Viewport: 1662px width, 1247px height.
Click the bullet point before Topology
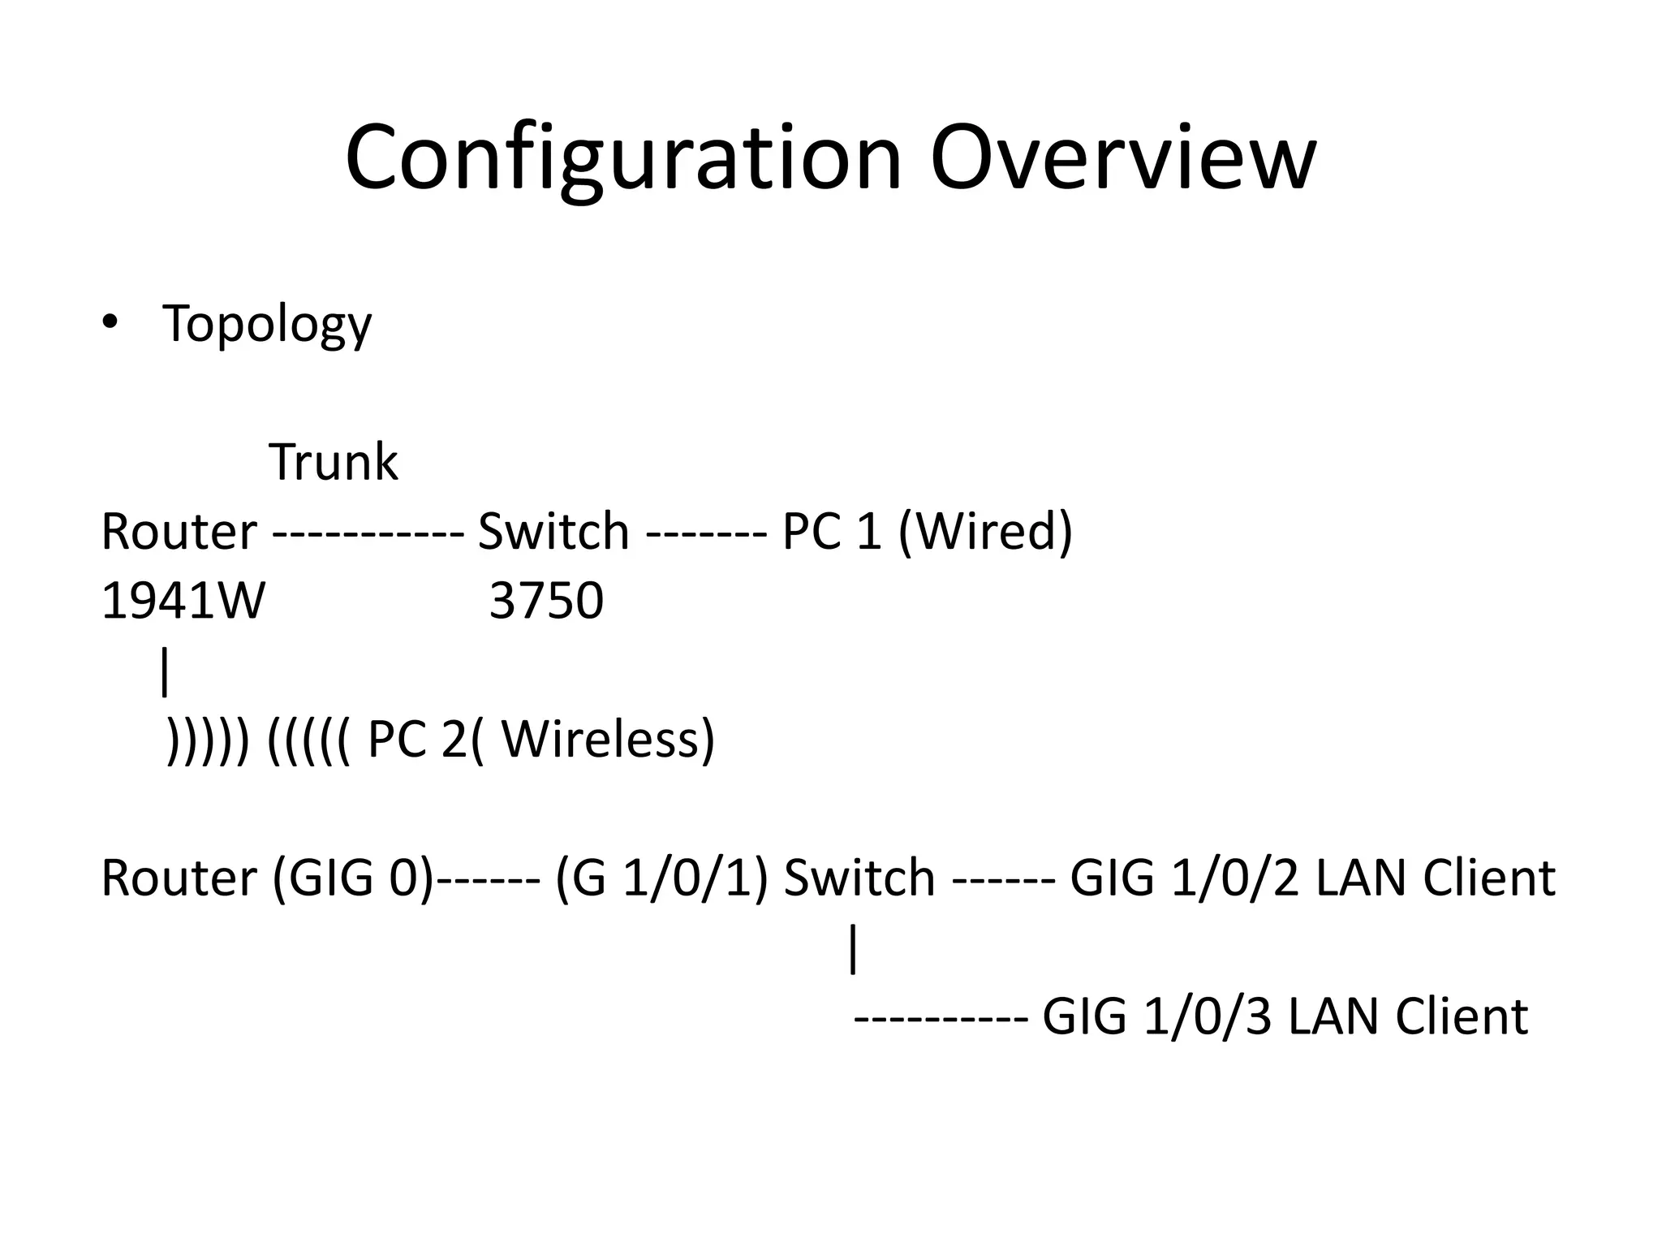[x=110, y=322]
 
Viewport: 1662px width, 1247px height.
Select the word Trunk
[x=333, y=463]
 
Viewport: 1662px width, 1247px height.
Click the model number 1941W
[x=183, y=602]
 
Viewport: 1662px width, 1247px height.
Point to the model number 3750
[x=546, y=602]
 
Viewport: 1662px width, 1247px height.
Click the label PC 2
[x=417, y=740]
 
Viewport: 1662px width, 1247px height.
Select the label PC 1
[x=831, y=533]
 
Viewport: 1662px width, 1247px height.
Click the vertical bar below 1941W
[x=166, y=671]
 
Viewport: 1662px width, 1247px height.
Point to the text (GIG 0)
[x=354, y=878]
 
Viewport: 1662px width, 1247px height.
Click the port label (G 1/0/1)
[x=661, y=878]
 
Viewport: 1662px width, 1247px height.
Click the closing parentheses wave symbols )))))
[x=208, y=740]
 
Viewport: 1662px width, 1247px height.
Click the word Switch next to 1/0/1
[x=859, y=878]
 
